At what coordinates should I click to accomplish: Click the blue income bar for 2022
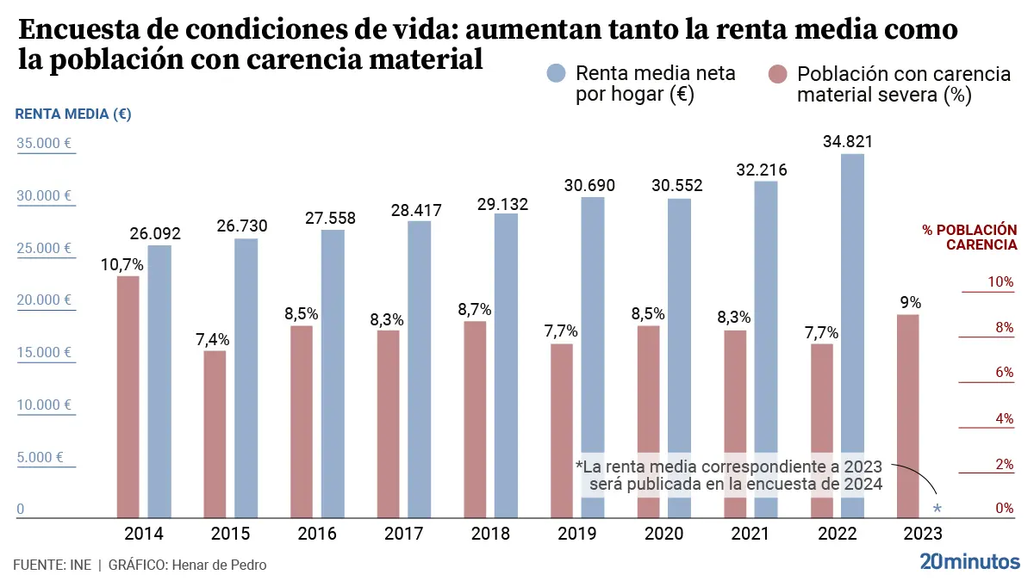[852, 336]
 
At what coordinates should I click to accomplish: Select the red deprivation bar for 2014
[128, 397]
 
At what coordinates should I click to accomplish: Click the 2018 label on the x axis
[490, 534]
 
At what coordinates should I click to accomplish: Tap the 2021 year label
[750, 534]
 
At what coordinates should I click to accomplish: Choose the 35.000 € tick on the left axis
[44, 144]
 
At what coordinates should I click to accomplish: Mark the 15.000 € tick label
[44, 352]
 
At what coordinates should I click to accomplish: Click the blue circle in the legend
[556, 74]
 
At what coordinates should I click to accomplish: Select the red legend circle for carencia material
[777, 74]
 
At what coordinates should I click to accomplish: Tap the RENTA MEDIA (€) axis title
[73, 114]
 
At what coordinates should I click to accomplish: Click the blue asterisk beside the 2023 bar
[937, 510]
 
